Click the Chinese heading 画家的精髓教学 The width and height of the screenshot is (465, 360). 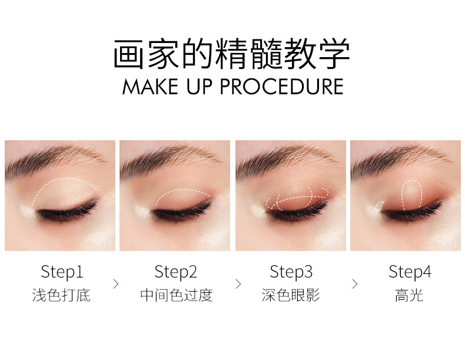pyautogui.click(x=231, y=54)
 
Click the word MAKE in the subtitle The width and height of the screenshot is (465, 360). pyautogui.click(x=150, y=87)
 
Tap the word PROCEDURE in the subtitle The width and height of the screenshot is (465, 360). pyautogui.click(x=281, y=87)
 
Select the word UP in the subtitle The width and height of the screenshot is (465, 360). pyautogui.click(x=200, y=87)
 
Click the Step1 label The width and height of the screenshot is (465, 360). pyautogui.click(x=62, y=272)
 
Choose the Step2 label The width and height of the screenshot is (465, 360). pyautogui.click(x=175, y=272)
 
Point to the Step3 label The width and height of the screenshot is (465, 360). pyautogui.click(x=291, y=272)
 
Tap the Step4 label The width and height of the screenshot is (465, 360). pyautogui.click(x=410, y=272)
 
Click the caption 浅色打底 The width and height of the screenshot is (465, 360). pyautogui.click(x=61, y=295)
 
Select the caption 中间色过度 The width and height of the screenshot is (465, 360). pyautogui.click(x=177, y=295)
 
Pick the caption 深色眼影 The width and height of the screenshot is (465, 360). pyautogui.click(x=291, y=295)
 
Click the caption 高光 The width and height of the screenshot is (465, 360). pyautogui.click(x=409, y=295)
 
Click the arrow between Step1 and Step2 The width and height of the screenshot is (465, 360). pyautogui.click(x=116, y=284)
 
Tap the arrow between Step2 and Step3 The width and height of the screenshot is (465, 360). pyautogui.click(x=238, y=284)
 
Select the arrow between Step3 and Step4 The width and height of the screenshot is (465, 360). pyautogui.click(x=355, y=284)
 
